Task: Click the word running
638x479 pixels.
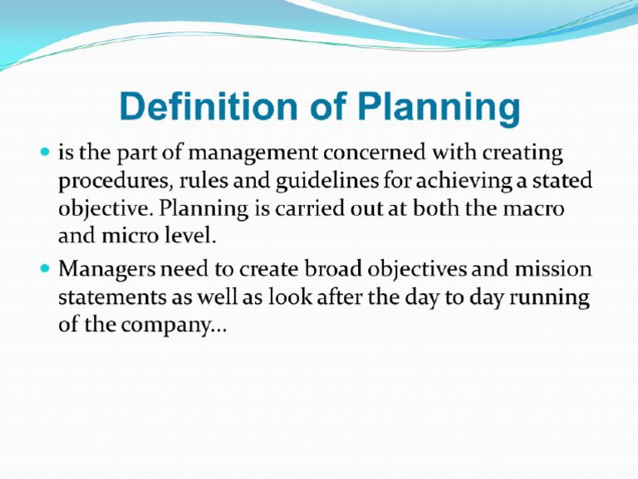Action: [x=551, y=299]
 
